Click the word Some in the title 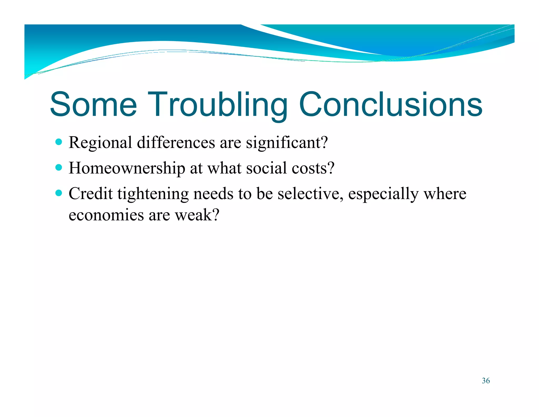[x=93, y=104]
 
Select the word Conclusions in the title [x=391, y=104]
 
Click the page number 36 [x=486, y=381]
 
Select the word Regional [x=100, y=143]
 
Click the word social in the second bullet [x=266, y=168]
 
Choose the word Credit [x=91, y=194]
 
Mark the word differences [x=176, y=143]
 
